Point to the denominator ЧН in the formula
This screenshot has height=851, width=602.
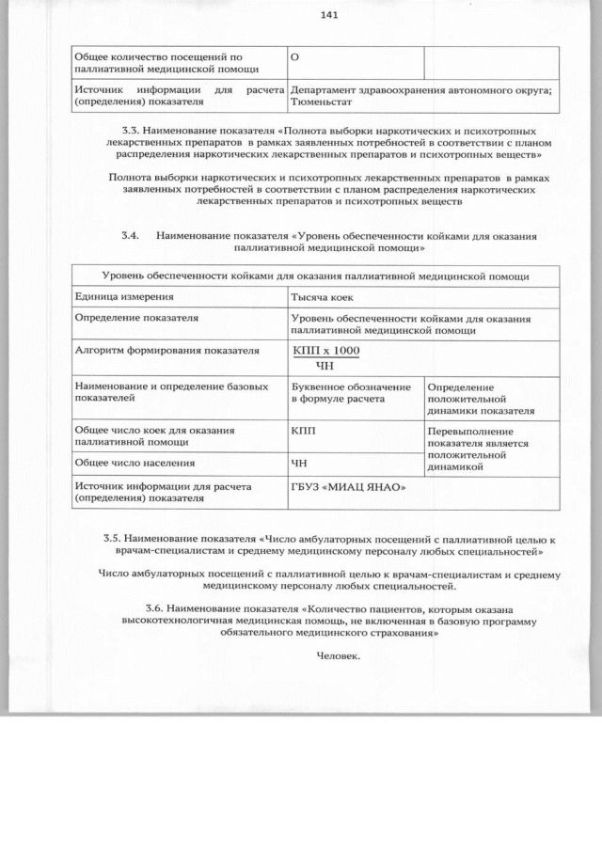(x=325, y=366)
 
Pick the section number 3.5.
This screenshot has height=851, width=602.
(x=115, y=540)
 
